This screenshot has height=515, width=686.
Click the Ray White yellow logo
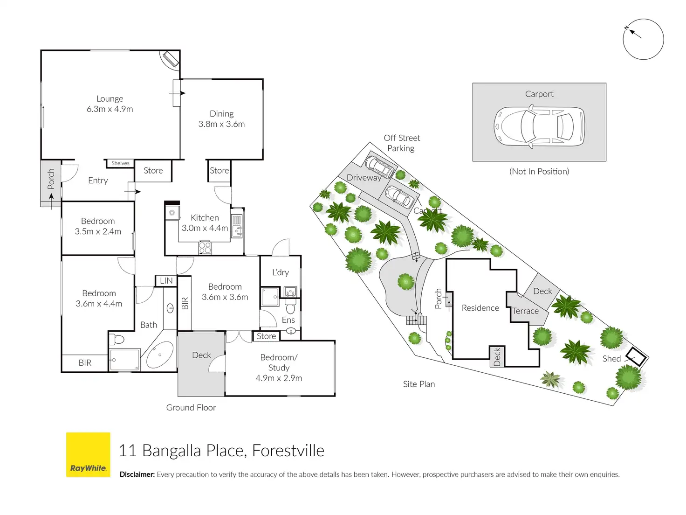pyautogui.click(x=88, y=454)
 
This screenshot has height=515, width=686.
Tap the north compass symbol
pyautogui.click(x=643, y=39)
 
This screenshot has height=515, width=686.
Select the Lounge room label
pyautogui.click(x=110, y=99)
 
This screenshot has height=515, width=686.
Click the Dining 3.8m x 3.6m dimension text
pyautogui.click(x=221, y=124)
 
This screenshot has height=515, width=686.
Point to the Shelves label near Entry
pyautogui.click(x=120, y=163)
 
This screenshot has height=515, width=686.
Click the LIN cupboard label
pyautogui.click(x=166, y=281)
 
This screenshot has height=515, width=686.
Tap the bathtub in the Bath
pyautogui.click(x=160, y=355)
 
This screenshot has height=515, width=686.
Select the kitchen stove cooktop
pyautogui.click(x=205, y=247)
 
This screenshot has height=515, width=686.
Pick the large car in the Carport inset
pyautogui.click(x=539, y=126)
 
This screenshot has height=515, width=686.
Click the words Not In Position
pyautogui.click(x=539, y=171)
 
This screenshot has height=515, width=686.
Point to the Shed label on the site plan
pyautogui.click(x=611, y=359)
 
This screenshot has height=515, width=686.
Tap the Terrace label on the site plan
pyautogui.click(x=525, y=311)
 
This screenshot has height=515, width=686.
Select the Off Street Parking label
pyautogui.click(x=402, y=143)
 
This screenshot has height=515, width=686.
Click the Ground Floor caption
pyautogui.click(x=191, y=407)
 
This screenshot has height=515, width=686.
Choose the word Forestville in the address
pyautogui.click(x=288, y=451)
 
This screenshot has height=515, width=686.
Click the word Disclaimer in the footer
pyautogui.click(x=137, y=474)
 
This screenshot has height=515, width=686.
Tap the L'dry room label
pyautogui.click(x=281, y=272)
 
